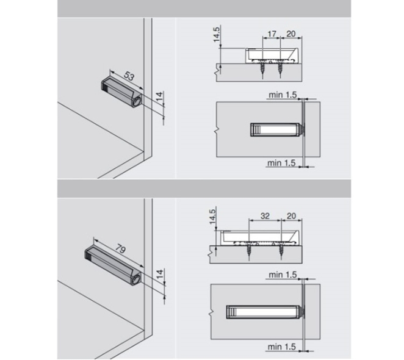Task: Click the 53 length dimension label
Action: [129, 76]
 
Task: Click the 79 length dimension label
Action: [120, 249]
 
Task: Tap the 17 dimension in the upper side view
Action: [272, 34]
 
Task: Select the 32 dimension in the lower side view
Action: [265, 215]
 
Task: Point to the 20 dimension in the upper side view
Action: [291, 34]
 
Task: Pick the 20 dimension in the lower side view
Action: [291, 215]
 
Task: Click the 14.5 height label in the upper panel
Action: [217, 34]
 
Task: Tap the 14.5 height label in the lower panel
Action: [212, 217]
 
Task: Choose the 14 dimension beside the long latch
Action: [160, 274]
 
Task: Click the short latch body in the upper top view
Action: [275, 129]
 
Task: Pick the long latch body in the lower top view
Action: [263, 312]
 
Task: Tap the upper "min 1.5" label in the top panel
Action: [283, 95]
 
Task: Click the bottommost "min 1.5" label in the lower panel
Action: [281, 347]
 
